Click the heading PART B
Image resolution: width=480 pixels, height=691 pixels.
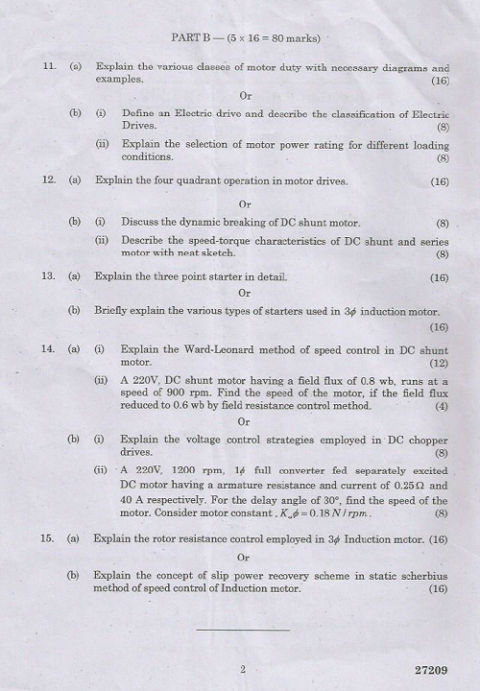tap(192, 38)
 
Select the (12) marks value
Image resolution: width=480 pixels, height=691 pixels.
tap(439, 363)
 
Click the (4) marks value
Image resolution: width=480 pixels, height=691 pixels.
tap(442, 406)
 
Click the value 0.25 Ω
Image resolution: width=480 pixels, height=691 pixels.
tap(429, 486)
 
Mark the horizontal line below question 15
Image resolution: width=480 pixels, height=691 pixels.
tap(243, 630)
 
